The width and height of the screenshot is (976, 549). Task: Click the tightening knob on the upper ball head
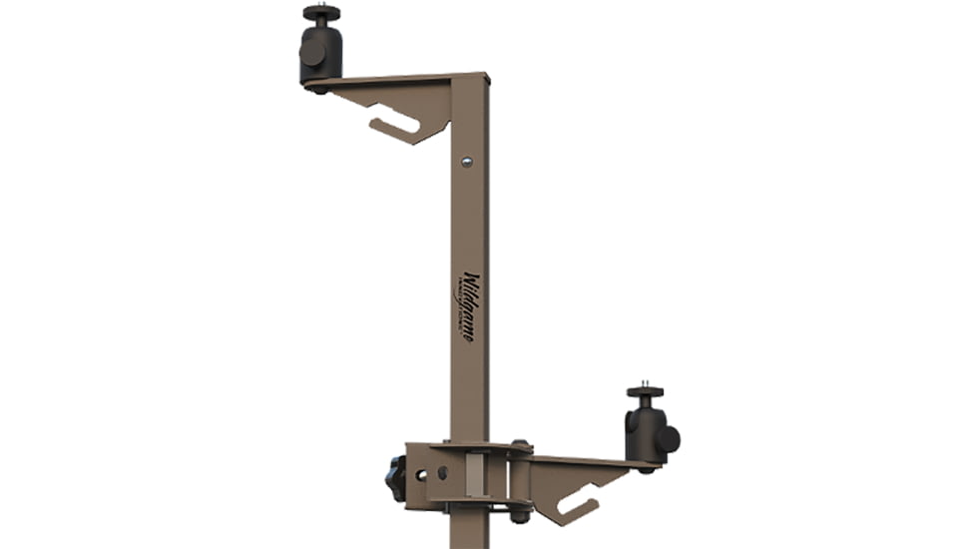click(x=311, y=52)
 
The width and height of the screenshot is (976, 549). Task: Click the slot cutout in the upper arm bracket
click(x=395, y=123)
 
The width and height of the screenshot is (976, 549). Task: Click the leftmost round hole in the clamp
click(x=420, y=474)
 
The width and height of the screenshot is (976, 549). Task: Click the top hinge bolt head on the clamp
click(x=519, y=446)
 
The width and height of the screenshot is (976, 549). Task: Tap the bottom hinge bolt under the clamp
click(x=519, y=513)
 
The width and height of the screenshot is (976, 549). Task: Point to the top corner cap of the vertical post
click(x=470, y=76)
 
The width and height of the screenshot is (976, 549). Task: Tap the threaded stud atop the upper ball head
click(x=321, y=5)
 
